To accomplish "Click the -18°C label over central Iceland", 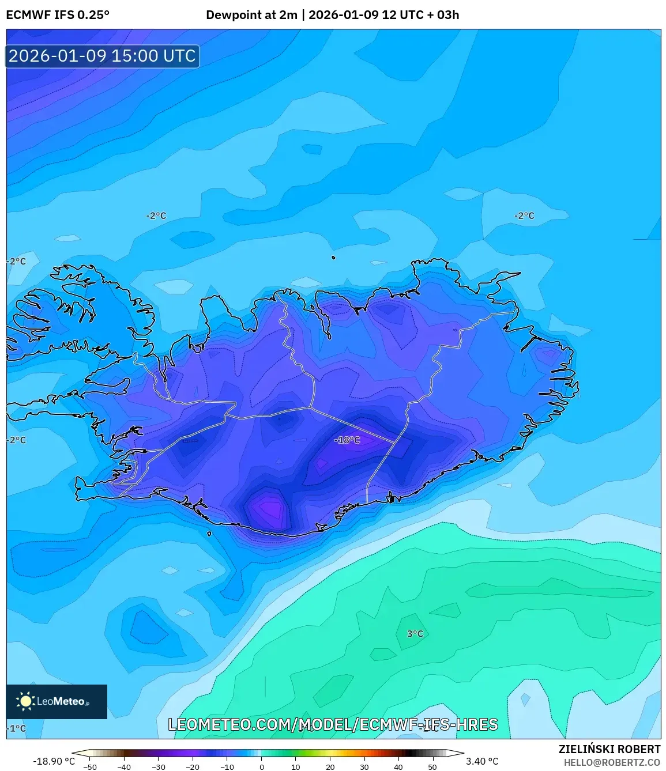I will [x=347, y=440].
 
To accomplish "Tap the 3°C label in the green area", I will [x=415, y=634].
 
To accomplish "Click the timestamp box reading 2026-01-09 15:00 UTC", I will [x=103, y=56].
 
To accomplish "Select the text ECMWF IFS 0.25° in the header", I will [x=58, y=15].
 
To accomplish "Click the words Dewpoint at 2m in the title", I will [x=251, y=15].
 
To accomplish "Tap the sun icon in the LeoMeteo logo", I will [x=25, y=701].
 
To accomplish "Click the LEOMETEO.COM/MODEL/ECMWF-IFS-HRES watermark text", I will [x=333, y=724].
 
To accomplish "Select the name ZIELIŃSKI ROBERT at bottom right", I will [x=609, y=749].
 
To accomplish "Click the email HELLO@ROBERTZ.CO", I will [x=612, y=762].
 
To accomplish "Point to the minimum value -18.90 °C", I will [x=54, y=761].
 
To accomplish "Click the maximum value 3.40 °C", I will [x=482, y=761].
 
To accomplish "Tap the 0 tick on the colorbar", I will [x=262, y=766].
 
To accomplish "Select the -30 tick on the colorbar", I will [x=159, y=766].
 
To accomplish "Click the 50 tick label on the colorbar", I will [x=432, y=766].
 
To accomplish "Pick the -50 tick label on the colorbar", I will [x=90, y=766].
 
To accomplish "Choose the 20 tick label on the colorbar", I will [x=330, y=766].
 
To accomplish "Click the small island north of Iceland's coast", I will [x=333, y=258].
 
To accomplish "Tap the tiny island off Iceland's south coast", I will [x=209, y=534].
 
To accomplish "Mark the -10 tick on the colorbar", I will [x=227, y=766].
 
